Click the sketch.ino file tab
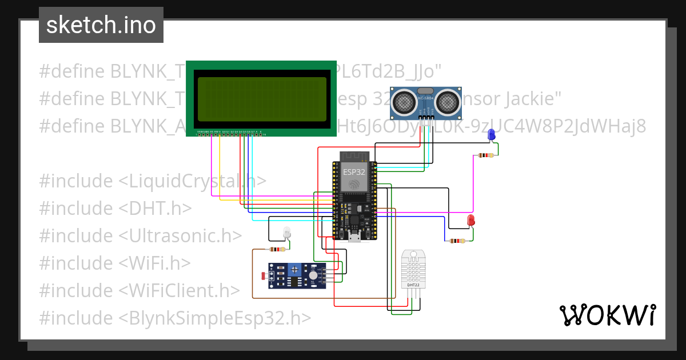coord(101,25)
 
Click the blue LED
coord(491,135)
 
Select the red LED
coord(471,220)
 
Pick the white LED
coord(287,232)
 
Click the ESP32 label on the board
coord(354,171)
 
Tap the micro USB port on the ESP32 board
coord(354,238)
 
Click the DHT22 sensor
coord(413,269)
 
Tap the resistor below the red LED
coord(458,241)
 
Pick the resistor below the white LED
coord(277,250)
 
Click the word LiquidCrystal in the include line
coord(186,181)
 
